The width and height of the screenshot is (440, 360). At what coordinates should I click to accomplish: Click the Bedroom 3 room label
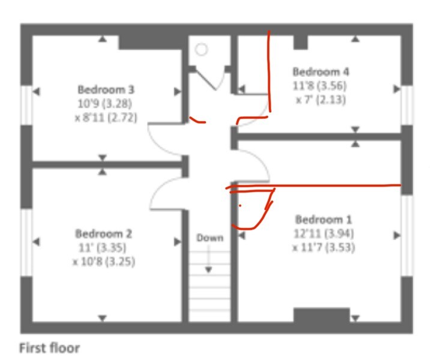pos(106,90)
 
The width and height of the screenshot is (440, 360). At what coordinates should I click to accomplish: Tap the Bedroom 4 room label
pos(321,72)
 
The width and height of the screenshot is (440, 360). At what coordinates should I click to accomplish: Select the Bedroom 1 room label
pos(324,220)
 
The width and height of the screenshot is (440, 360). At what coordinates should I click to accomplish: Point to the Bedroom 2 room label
pos(103,234)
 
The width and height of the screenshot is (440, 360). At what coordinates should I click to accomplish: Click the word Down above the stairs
pos(210,238)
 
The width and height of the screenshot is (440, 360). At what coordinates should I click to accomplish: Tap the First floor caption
pos(49,348)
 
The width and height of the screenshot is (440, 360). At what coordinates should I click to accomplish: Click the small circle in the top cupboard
pos(201,50)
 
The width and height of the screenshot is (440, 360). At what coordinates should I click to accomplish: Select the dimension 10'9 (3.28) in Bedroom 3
pos(104,104)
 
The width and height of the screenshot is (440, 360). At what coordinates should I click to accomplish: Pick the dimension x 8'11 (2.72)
pos(106,118)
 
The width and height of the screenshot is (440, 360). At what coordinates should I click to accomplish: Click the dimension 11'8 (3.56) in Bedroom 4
pos(319,86)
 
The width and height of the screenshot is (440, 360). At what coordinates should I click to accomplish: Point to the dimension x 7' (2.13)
pos(321,100)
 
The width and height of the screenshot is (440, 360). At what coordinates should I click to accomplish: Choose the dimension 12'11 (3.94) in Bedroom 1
pos(324,233)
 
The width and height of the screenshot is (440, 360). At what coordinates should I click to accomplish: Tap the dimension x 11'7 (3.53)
pos(324,247)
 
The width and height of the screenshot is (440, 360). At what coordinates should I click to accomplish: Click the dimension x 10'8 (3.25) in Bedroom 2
pos(104,262)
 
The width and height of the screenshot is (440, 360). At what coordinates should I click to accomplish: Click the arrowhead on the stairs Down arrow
pos(208,270)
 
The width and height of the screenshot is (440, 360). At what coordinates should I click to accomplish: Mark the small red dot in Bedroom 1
pos(240,206)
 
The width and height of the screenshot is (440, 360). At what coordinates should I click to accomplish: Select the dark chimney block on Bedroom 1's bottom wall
pos(322,315)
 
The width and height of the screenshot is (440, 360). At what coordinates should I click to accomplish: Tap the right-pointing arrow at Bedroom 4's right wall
pos(397,89)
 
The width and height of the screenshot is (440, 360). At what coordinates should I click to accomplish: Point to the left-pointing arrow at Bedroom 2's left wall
pos(36,242)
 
